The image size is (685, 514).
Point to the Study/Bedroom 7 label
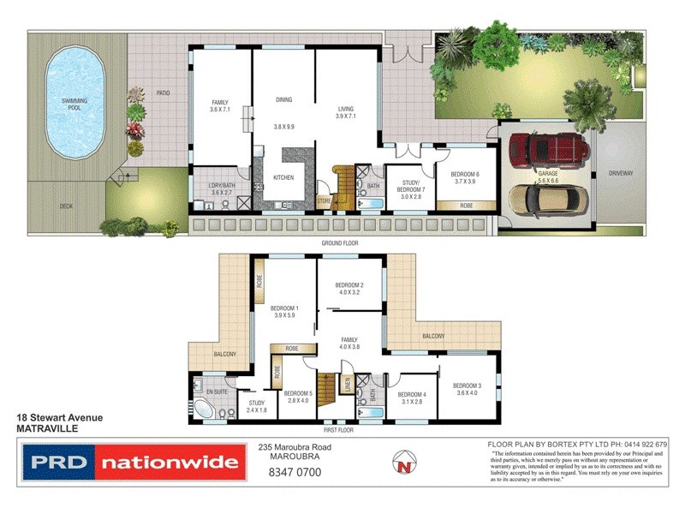pos(413,189)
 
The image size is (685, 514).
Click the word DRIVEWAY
pos(620,174)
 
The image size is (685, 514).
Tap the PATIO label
pos(164,93)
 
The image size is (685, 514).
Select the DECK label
pos(66,206)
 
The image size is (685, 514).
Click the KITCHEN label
pos(283,177)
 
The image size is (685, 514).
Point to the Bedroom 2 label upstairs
pos(349,289)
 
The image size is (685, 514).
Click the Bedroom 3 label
pos(467,390)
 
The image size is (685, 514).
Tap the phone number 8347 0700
pos(295,471)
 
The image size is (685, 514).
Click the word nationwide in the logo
pos(169,463)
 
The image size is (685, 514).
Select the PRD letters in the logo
pos(59,463)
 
